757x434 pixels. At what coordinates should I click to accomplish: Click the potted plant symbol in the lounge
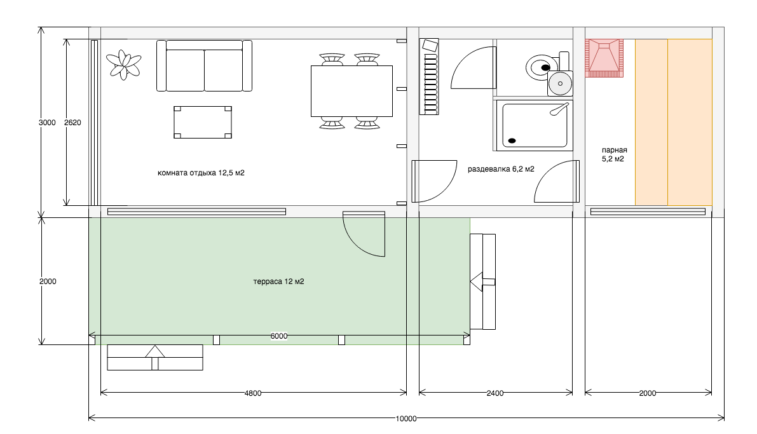coord(123,65)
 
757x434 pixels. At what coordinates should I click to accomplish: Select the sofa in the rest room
coord(204,65)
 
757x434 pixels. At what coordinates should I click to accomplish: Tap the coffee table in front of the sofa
coord(203,122)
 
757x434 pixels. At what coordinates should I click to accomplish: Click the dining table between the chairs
coord(351,92)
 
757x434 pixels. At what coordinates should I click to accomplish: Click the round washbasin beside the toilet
coord(560,83)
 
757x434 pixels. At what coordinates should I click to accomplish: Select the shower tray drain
coord(512,141)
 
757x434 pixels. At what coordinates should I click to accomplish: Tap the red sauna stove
coord(604,58)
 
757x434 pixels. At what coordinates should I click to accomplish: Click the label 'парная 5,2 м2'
coord(613,154)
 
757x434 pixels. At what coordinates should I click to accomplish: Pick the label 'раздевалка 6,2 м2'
coord(501,169)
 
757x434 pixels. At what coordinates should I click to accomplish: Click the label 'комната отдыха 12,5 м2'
coord(201,173)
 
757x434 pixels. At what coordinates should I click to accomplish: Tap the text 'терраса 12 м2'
coord(278,281)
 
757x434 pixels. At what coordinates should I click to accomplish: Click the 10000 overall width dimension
coord(406,419)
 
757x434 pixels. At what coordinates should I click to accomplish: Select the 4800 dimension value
coord(253,393)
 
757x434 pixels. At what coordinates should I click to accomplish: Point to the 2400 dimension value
coord(495,393)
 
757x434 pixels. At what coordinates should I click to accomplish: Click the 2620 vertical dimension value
coord(72,123)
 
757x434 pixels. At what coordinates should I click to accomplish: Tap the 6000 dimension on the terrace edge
coord(279,336)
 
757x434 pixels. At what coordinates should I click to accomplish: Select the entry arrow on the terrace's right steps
coord(482,282)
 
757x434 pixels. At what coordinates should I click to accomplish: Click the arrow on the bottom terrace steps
coord(155,358)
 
